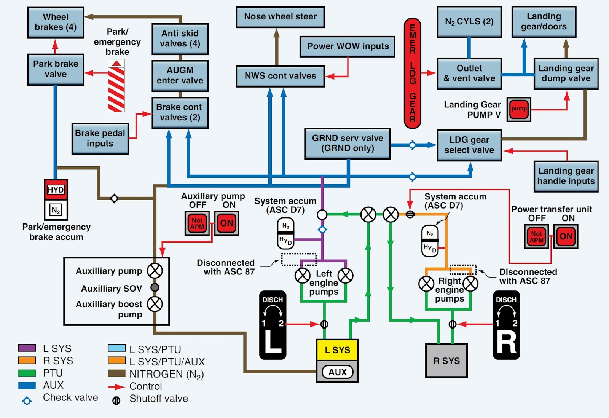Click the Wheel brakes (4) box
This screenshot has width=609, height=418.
click(x=56, y=22)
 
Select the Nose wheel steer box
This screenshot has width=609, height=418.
click(x=280, y=17)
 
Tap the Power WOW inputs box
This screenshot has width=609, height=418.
click(x=348, y=46)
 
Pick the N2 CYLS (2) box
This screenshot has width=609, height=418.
click(x=469, y=22)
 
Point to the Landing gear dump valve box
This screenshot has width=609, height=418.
click(x=566, y=73)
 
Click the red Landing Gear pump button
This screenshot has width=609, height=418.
click(x=519, y=109)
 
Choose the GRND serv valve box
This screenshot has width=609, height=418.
click(x=348, y=144)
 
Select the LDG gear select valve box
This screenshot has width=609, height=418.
click(x=469, y=145)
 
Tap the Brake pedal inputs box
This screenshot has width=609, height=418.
click(x=100, y=138)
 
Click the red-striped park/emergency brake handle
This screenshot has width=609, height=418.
click(x=116, y=85)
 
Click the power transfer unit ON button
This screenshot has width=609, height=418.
click(x=566, y=236)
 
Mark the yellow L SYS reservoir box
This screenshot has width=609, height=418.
click(x=337, y=350)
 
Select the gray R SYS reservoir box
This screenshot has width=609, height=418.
click(x=446, y=361)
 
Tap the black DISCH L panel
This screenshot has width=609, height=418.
click(x=273, y=325)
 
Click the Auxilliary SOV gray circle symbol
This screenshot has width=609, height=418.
click(x=155, y=287)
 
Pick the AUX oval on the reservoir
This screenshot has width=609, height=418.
click(x=338, y=372)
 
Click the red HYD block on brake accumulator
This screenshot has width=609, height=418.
click(x=56, y=190)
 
